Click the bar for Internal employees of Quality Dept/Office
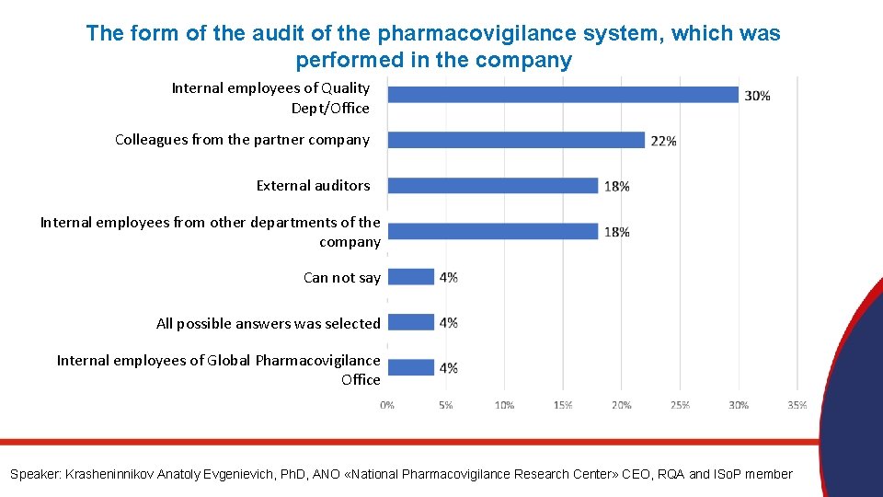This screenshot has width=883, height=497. pos(563,95)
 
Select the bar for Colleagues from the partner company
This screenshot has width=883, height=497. pos(516,140)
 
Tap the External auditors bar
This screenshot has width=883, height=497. pos(493,185)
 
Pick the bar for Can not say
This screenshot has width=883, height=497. pos(411,276)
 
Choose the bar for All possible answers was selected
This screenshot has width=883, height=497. pos(411,322)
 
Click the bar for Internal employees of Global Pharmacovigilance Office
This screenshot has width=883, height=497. pos(411,367)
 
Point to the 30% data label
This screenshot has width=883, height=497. pos(757,96)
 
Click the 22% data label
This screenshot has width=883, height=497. pos(663,141)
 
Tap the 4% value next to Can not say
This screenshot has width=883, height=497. pos(449,277)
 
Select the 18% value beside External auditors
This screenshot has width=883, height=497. pos(616,186)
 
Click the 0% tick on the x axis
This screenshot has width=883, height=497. pos(387,405)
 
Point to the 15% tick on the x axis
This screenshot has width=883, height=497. pos(563,405)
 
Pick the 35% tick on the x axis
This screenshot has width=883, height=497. pos(797,405)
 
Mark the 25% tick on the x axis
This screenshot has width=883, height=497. pos(681,405)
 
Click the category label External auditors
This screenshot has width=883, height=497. pos(313,185)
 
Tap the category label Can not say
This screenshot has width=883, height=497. pos(341,277)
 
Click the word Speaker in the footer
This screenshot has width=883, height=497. pos(34,474)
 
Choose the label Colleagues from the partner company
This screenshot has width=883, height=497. pos(242,140)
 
